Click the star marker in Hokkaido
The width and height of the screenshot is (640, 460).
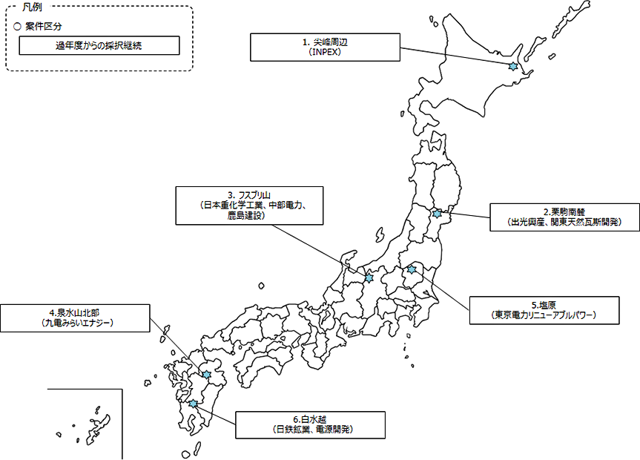point(512,67)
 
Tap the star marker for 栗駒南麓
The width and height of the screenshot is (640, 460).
point(438,214)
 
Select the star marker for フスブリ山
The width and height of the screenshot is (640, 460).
point(369,278)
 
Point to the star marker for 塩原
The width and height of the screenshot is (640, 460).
point(412,270)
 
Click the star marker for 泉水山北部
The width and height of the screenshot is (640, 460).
point(207,375)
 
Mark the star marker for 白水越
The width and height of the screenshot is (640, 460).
point(194,404)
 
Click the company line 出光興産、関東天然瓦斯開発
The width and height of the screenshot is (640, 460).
point(564,223)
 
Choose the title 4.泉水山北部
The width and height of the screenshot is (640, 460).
point(77,312)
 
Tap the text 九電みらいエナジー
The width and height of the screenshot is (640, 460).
point(77,323)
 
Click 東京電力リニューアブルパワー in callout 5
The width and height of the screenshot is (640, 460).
point(544,315)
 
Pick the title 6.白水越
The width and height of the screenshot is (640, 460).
point(310,419)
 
